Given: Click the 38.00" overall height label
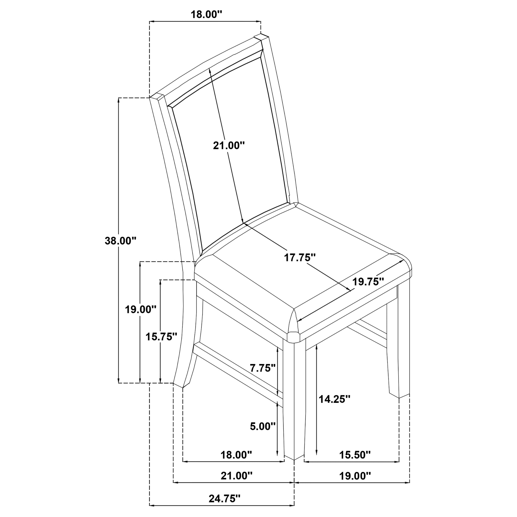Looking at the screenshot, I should (120, 241).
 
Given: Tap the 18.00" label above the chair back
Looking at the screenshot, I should (206, 14).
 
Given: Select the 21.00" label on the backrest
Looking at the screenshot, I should (229, 146).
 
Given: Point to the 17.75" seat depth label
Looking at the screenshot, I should (300, 258).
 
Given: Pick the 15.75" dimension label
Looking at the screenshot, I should (161, 337).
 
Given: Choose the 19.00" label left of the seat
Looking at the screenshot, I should (140, 310).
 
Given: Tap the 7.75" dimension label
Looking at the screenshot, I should (262, 368).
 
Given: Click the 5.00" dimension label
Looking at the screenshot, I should (262, 426).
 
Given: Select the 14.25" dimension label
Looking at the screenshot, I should (334, 399).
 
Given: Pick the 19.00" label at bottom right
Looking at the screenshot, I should (355, 476).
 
